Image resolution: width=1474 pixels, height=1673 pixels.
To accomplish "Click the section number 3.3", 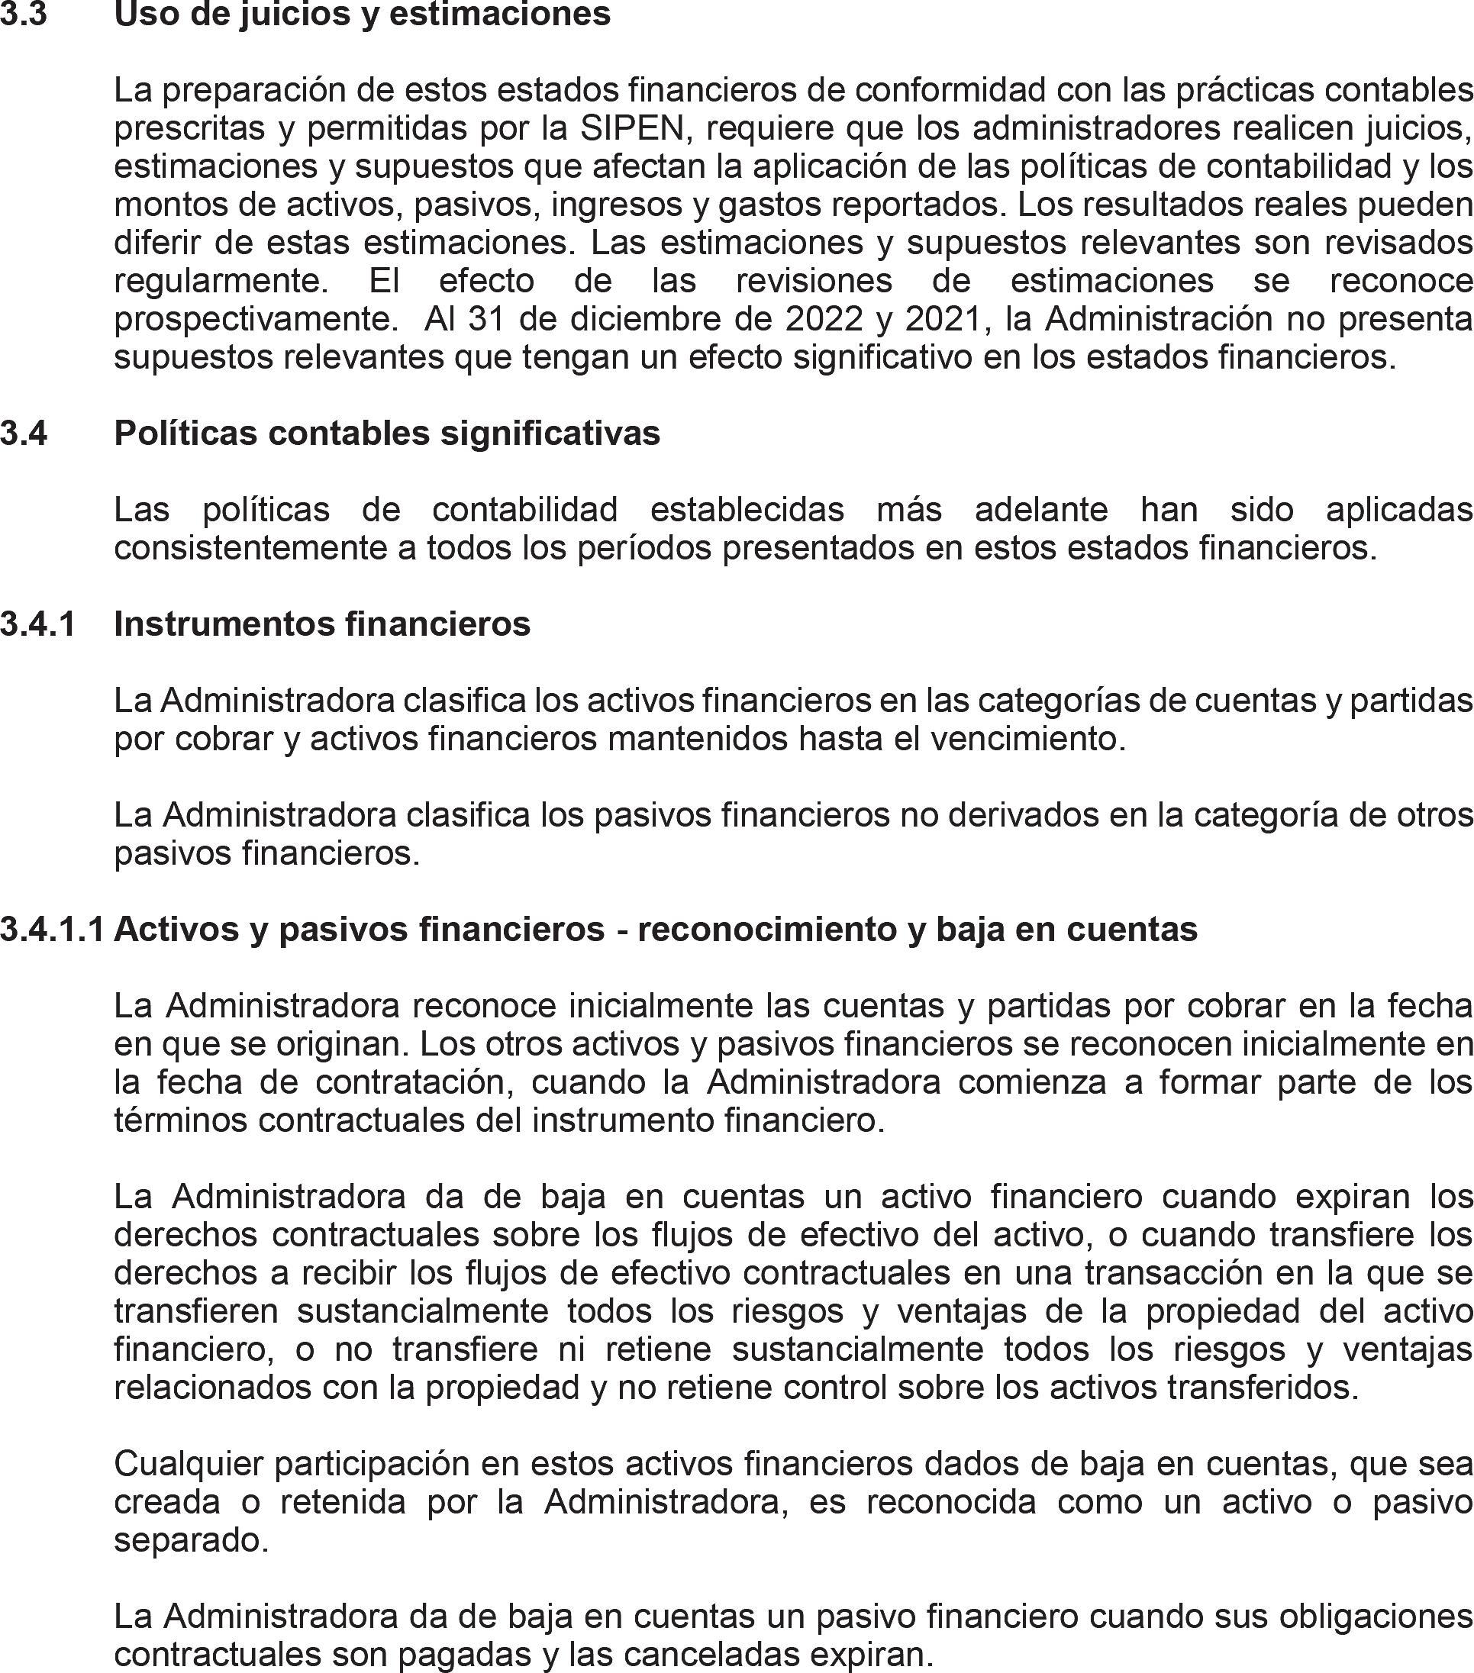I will coord(24,14).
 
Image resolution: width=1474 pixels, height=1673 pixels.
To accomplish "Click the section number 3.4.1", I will coord(37,624).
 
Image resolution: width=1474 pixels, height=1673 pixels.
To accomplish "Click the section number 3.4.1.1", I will coord(53,929).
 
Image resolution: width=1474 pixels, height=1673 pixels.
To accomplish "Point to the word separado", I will coord(191,1540).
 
